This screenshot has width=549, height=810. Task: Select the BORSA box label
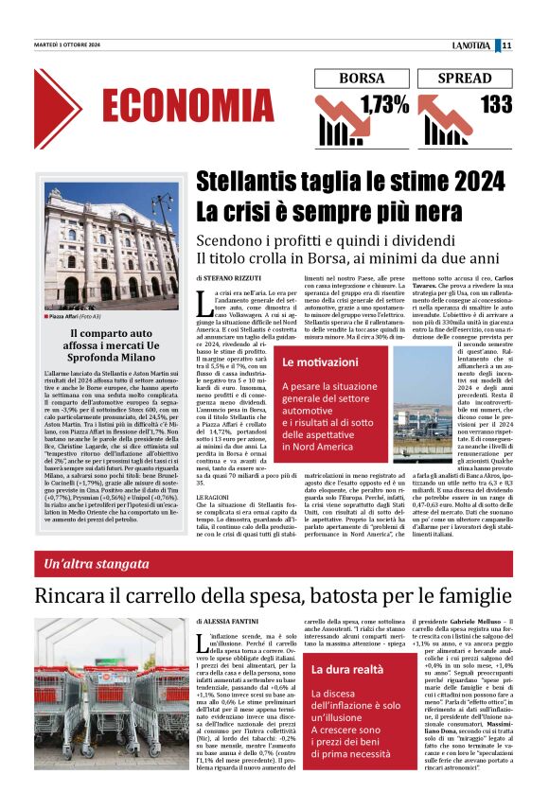click(361, 79)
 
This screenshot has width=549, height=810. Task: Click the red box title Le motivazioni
click(319, 362)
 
